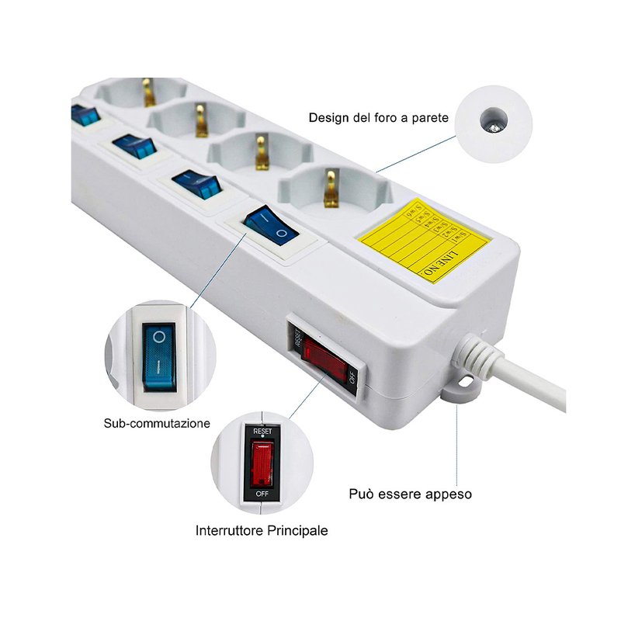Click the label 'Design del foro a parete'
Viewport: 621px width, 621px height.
pyautogui.click(x=378, y=117)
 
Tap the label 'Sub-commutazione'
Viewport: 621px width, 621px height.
pyautogui.click(x=157, y=424)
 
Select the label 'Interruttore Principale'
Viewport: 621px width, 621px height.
pyautogui.click(x=262, y=531)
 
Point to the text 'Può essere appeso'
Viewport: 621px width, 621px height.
pyautogui.click(x=410, y=494)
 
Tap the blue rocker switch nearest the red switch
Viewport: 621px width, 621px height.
pyautogui.click(x=268, y=225)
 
